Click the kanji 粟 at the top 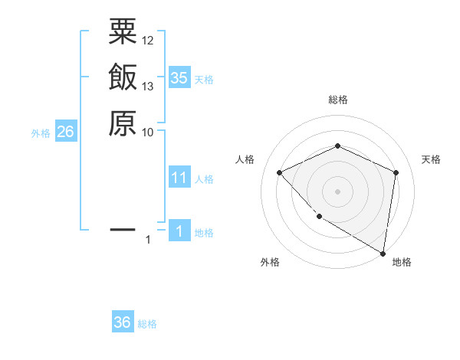(123, 32)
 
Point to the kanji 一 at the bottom (123, 229)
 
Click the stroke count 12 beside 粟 (148, 40)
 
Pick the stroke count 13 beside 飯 (148, 86)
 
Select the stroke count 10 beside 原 (148, 132)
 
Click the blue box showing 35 (179, 78)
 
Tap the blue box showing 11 (179, 178)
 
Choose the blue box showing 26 (65, 132)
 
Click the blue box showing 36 (123, 322)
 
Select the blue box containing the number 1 (179, 231)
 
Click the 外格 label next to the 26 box (41, 133)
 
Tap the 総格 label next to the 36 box (147, 324)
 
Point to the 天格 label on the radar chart (431, 159)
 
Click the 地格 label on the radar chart (402, 262)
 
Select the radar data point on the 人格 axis (280, 172)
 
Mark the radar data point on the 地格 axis (383, 253)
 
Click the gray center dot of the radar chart (337, 191)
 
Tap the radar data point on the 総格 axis (337, 146)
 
